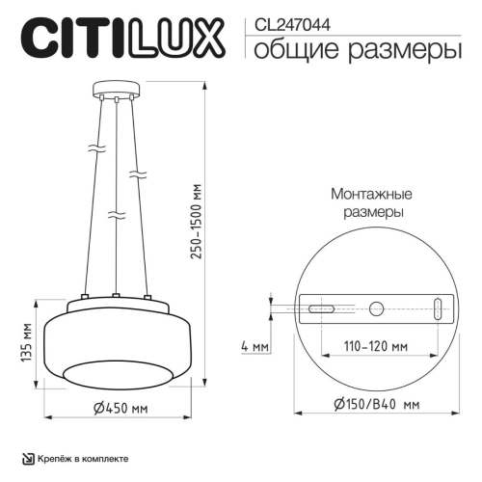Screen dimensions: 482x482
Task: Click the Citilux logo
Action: (120, 40)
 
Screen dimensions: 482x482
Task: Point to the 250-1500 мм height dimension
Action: (199, 228)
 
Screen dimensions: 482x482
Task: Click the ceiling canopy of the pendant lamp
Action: (115, 94)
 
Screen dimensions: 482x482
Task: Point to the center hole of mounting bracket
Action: (376, 309)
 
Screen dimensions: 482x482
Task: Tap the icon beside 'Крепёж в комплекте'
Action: (27, 459)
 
